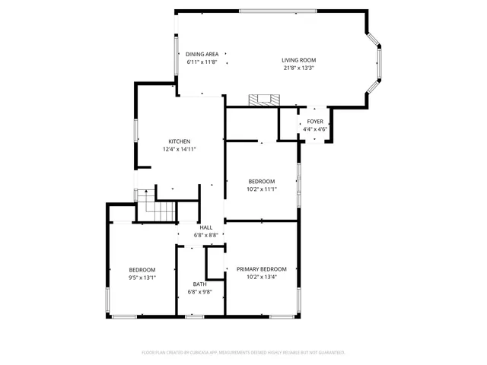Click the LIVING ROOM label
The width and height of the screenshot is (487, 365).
(298, 60)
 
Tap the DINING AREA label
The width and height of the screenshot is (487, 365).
(202, 54)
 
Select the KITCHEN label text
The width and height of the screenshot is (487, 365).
(180, 141)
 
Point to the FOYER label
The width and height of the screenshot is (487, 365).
(315, 122)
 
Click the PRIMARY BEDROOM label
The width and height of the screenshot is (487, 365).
(261, 269)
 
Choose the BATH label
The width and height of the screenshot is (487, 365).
(199, 284)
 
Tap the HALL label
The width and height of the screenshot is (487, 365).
(206, 227)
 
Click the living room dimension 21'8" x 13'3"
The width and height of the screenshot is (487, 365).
(298, 68)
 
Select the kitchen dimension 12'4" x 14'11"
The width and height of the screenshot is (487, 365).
(180, 149)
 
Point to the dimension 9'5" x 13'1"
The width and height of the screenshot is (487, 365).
(142, 278)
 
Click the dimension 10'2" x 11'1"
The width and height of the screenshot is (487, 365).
(261, 189)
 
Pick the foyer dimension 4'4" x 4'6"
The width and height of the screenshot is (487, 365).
(315, 129)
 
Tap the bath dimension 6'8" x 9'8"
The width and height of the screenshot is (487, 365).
(199, 292)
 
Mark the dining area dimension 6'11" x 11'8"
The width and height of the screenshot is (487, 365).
(202, 62)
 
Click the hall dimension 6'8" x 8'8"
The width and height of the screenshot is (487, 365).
(206, 235)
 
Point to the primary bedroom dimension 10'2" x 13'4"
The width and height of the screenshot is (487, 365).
(261, 277)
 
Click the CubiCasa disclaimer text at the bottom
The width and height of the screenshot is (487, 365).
(243, 352)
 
